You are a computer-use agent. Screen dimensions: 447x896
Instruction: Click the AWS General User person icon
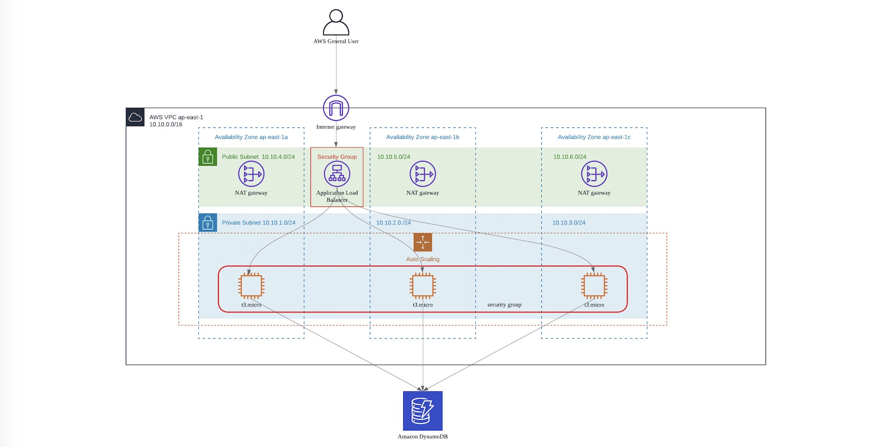tap(336, 22)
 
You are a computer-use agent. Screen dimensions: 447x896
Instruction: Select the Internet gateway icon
tap(336, 108)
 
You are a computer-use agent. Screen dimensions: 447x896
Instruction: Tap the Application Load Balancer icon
tap(337, 174)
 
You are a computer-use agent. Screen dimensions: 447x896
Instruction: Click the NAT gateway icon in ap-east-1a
tap(251, 174)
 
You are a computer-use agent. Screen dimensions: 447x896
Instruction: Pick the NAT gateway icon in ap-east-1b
tap(422, 174)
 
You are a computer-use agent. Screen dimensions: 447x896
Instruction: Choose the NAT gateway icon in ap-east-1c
tap(594, 174)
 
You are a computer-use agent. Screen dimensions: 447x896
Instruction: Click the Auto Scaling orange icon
tap(422, 242)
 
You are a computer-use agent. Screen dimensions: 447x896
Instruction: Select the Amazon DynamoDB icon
tap(422, 411)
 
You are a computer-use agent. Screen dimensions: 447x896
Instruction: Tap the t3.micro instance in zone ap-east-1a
tap(251, 286)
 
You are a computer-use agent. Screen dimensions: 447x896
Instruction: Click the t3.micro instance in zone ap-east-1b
tap(422, 286)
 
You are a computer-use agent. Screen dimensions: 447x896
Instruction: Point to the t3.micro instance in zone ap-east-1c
tap(594, 286)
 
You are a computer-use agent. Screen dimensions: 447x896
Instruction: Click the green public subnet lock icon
tap(208, 157)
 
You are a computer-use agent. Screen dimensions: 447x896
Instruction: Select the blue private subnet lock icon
tap(208, 223)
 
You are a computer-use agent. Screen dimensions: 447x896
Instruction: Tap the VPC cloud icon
tap(135, 117)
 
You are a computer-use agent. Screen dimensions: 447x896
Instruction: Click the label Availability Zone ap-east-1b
tap(422, 137)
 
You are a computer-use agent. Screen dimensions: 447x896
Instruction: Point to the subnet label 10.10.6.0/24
tap(569, 157)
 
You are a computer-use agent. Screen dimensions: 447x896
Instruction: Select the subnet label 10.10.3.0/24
tap(568, 223)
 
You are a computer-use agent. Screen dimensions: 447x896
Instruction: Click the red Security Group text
tap(337, 157)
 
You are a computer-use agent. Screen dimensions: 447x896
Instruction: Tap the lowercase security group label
tap(504, 305)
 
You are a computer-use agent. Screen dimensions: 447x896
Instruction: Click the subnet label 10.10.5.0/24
tap(393, 157)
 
